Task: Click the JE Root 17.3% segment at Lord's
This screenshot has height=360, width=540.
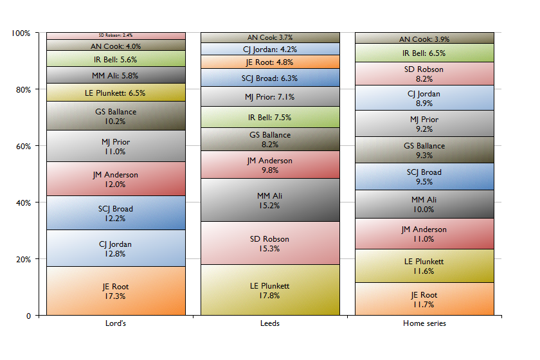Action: [x=116, y=291]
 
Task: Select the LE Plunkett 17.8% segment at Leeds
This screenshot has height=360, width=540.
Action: [x=270, y=290]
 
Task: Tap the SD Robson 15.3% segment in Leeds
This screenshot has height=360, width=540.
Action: [x=270, y=243]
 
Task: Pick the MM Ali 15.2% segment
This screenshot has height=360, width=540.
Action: [x=270, y=200]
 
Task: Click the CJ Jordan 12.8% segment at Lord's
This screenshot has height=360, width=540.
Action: [x=116, y=248]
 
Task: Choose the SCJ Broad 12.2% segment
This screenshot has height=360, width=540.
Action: [x=116, y=213]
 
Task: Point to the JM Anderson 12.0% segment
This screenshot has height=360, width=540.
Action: [x=116, y=179]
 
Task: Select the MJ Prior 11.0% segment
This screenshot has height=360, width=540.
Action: [x=116, y=146]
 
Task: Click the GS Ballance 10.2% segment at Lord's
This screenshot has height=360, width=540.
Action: [x=116, y=116]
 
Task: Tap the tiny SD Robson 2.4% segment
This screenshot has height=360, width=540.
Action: [x=116, y=35]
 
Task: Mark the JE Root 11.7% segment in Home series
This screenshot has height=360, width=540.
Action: [x=424, y=299]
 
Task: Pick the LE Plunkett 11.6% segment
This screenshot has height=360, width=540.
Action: [x=424, y=265]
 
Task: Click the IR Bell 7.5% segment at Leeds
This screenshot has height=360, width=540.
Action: [x=270, y=117]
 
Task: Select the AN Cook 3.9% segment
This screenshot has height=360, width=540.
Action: [x=424, y=39]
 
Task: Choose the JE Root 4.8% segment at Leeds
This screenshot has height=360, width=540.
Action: [x=270, y=62]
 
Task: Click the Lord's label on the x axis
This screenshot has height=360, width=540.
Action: [x=116, y=323]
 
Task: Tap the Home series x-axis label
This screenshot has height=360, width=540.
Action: [x=424, y=323]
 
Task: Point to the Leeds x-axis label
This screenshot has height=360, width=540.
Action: [x=270, y=323]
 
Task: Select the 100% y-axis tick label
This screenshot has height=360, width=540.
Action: [x=21, y=33]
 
